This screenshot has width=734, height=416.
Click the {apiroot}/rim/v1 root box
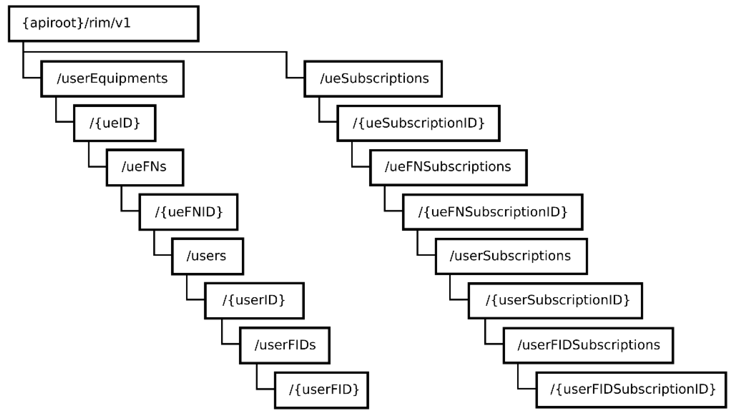[x=104, y=24]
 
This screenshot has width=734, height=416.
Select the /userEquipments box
[x=112, y=79]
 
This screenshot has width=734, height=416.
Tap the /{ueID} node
[x=115, y=123]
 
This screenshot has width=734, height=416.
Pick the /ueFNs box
[x=145, y=167]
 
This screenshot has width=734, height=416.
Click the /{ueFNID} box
[x=189, y=212]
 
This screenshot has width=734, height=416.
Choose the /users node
[x=208, y=256]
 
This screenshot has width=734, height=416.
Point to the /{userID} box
[x=254, y=301]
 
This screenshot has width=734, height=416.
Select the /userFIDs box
[x=285, y=345]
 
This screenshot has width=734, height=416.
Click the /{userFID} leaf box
[x=321, y=390]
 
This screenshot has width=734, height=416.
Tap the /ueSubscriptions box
[x=373, y=79]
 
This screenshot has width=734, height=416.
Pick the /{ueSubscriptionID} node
[x=418, y=123]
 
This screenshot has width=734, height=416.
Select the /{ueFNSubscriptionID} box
[x=492, y=212]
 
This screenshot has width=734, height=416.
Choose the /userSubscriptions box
[x=511, y=256]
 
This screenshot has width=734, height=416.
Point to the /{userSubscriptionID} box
[x=555, y=301]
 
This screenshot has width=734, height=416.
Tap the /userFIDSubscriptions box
[x=588, y=345]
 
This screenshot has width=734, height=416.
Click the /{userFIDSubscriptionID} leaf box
[x=631, y=390]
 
